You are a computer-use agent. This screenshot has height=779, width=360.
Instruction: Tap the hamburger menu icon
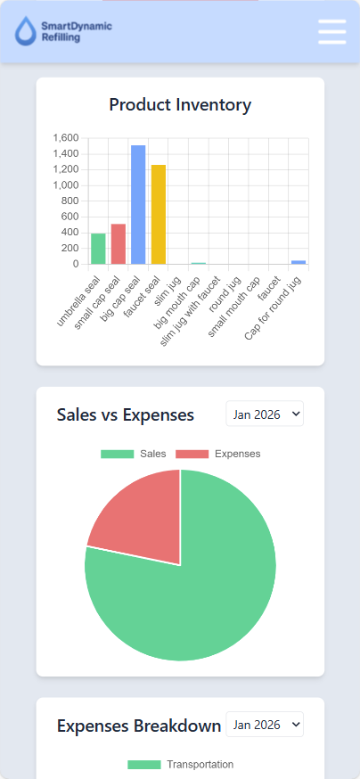(x=331, y=31)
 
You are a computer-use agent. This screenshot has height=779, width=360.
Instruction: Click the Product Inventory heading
(x=180, y=105)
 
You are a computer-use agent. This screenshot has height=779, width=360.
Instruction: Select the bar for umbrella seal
(x=98, y=249)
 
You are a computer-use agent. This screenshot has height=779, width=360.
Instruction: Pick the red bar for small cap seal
(x=119, y=244)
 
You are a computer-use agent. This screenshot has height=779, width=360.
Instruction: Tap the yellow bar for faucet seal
(x=159, y=215)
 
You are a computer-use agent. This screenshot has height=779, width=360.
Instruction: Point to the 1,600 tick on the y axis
(x=66, y=138)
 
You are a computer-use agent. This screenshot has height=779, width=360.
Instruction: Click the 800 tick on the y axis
(x=70, y=201)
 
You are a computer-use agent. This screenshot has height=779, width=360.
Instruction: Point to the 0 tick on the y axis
(x=76, y=264)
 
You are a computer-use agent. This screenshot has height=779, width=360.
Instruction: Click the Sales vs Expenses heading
(x=125, y=414)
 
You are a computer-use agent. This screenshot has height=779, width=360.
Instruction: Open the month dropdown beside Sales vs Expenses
(x=265, y=414)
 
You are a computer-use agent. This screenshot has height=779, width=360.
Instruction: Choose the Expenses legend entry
(x=218, y=454)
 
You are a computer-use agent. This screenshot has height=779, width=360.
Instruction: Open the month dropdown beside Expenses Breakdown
(x=265, y=724)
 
